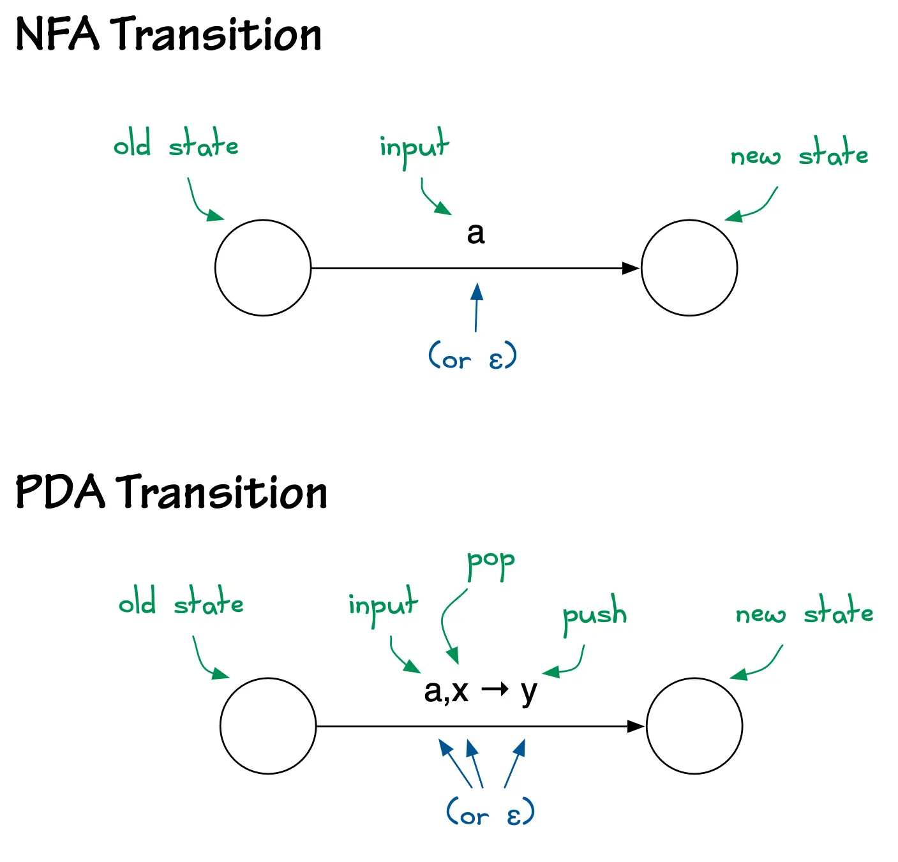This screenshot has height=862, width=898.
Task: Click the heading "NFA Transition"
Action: pos(168,34)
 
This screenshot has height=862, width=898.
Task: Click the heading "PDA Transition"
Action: pos(171,493)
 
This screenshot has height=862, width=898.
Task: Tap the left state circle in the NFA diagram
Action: pos(263,268)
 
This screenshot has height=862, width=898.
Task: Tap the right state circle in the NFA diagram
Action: pos(689,268)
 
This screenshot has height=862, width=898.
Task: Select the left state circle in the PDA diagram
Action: pos(268,726)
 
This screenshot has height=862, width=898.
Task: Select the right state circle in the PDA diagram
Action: pos(694,726)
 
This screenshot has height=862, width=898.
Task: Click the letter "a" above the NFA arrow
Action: pos(475,234)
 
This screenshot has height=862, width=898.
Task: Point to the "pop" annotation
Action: pos(490,563)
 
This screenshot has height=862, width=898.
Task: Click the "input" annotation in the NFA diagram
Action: pos(414,147)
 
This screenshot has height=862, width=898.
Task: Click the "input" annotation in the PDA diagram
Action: pos(383,606)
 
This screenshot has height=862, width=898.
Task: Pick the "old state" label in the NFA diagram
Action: pos(176,145)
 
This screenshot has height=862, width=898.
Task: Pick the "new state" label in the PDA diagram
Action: pos(804,613)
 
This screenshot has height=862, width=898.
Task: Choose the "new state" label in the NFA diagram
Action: pos(799,155)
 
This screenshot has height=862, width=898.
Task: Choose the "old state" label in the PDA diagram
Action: pos(181,603)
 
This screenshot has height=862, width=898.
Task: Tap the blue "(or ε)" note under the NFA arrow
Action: pos(472,357)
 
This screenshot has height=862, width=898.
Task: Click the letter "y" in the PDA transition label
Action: pos(529,692)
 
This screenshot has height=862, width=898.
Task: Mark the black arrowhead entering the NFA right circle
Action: pos(631,268)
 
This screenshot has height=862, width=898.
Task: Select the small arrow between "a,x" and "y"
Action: pos(495,689)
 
